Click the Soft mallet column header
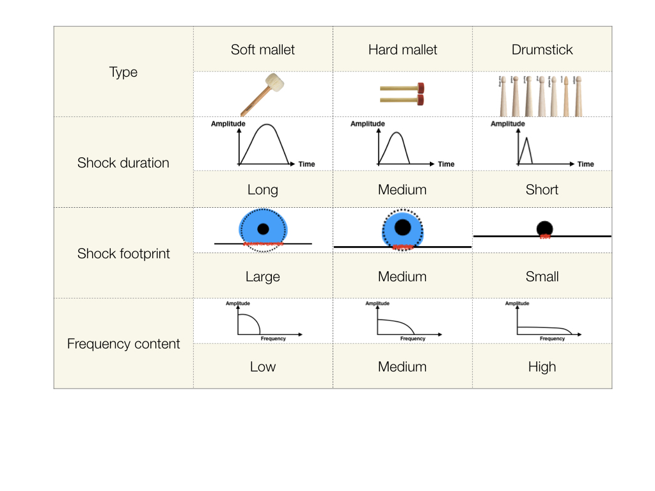[263, 50]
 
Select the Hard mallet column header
[402, 50]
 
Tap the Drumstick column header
[542, 50]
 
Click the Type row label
[123, 72]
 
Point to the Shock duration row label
[123, 162]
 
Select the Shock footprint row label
[123, 253]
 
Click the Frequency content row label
[123, 344]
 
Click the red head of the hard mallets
[420, 93]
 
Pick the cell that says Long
[263, 190]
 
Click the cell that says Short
[542, 190]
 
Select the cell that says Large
[263, 277]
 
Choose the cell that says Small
[542, 277]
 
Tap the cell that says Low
[263, 367]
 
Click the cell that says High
[542, 367]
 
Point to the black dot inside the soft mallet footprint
[263, 229]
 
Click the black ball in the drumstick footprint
[544, 229]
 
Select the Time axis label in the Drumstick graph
[585, 164]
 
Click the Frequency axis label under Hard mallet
[413, 339]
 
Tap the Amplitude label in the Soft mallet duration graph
[228, 124]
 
